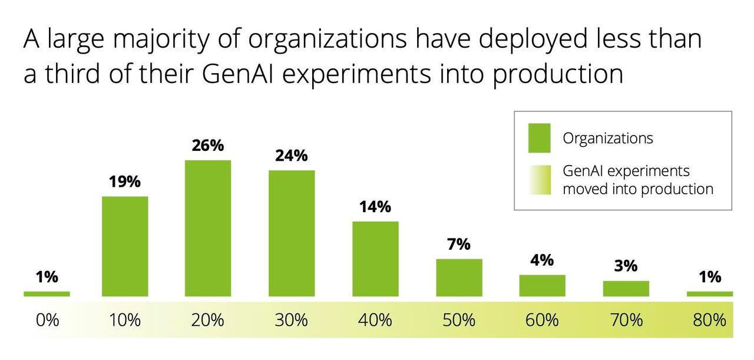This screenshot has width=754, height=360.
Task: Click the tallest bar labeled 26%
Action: coord(208,228)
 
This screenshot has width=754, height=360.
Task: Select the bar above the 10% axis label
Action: coord(125,246)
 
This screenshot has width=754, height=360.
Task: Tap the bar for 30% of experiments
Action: coord(292,233)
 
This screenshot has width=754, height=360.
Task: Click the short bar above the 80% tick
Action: coord(710,293)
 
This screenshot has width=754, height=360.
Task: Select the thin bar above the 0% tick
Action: coord(47,293)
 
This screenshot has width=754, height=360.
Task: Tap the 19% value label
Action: coord(125,182)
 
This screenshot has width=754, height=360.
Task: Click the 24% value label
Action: coord(292,156)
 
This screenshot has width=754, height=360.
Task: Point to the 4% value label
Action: coord(542,260)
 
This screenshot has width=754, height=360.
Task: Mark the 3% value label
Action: coord(626,266)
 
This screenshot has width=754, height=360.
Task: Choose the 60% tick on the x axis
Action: coord(542,321)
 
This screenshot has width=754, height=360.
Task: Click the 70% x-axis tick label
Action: coord(626,321)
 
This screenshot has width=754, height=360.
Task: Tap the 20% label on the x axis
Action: coord(208,321)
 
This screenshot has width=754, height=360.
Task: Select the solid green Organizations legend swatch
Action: coord(540,138)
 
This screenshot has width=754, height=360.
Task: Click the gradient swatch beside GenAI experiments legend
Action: coord(540,180)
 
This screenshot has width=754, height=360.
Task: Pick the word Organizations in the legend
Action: coord(608,138)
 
